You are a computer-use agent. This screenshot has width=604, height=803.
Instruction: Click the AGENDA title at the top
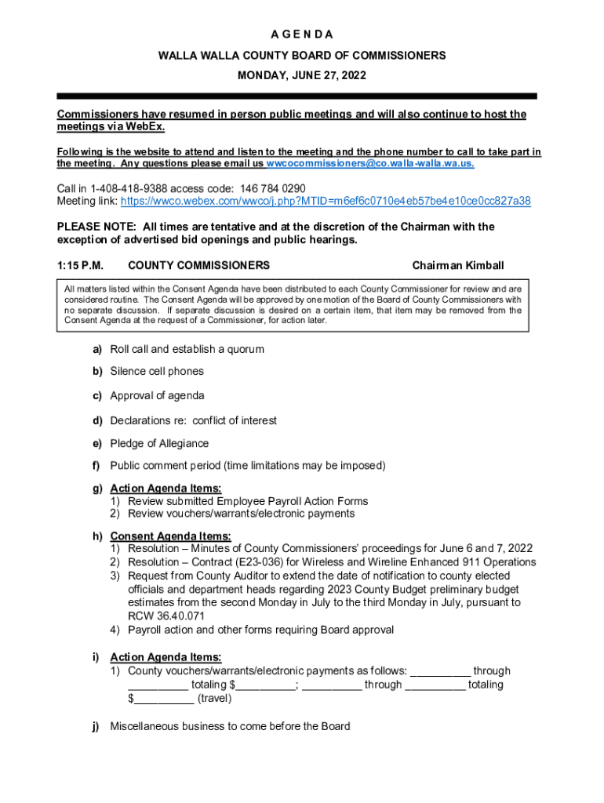click(x=302, y=35)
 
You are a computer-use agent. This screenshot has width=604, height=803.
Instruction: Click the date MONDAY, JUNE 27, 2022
click(x=302, y=76)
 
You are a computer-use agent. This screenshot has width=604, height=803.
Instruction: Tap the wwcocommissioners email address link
click(x=370, y=164)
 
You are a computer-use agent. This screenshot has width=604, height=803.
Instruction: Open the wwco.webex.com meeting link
click(x=324, y=201)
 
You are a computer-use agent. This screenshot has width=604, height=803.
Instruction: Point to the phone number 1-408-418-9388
click(x=126, y=188)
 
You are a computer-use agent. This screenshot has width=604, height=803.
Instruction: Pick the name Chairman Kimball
click(x=458, y=265)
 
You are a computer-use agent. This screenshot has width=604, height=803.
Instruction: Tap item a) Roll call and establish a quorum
click(x=187, y=349)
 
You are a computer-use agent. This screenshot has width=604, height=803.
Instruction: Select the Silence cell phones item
click(x=157, y=371)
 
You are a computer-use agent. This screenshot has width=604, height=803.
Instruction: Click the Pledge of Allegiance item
click(x=159, y=443)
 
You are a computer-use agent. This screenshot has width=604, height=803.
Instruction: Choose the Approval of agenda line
click(x=157, y=395)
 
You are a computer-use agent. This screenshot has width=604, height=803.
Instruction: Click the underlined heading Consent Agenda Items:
click(x=170, y=536)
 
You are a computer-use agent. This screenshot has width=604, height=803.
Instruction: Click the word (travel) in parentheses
click(x=214, y=698)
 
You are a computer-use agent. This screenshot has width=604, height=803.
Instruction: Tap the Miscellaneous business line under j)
click(x=230, y=726)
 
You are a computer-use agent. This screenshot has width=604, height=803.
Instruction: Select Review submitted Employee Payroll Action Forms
click(x=248, y=501)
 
